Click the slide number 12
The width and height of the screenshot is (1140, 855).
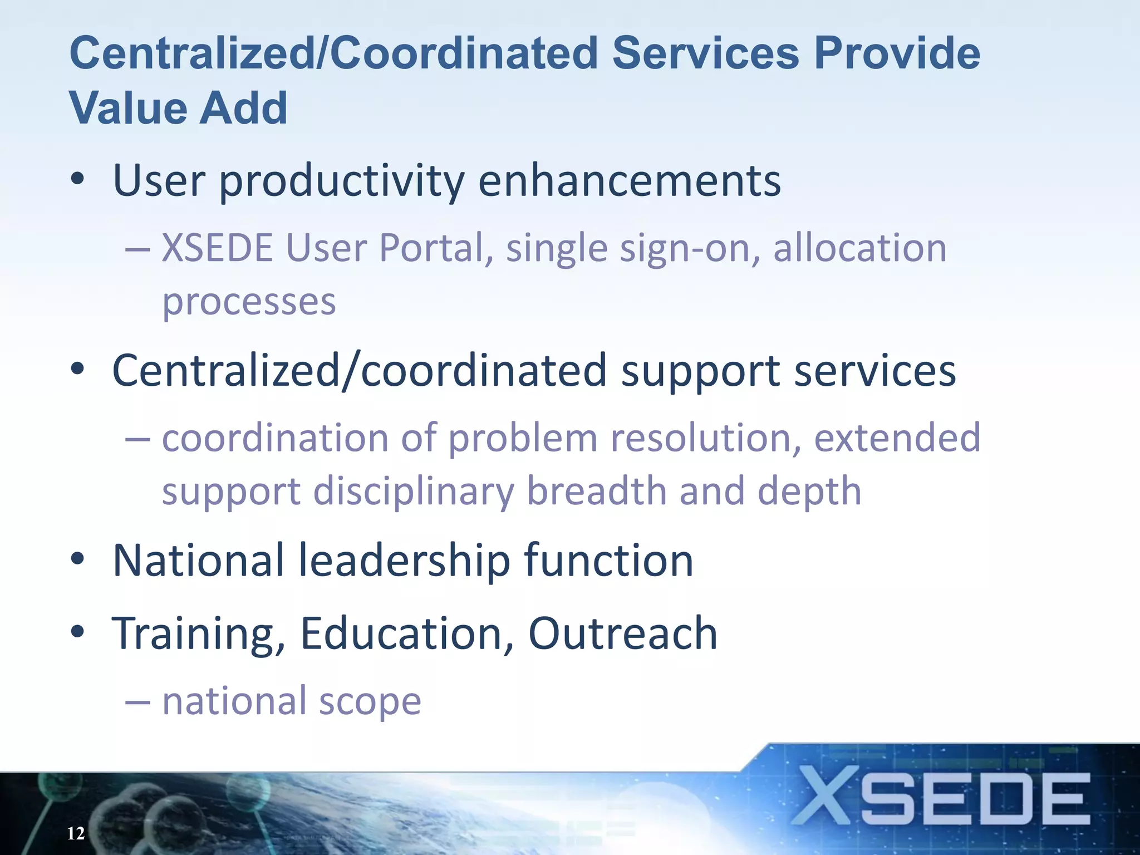tap(76, 833)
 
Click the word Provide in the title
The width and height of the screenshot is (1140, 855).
tap(897, 53)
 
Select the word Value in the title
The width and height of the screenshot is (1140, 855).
tap(127, 108)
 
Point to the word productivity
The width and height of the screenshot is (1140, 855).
tap(342, 181)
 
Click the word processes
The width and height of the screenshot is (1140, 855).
tap(249, 303)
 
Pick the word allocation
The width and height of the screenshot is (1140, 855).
tap(860, 247)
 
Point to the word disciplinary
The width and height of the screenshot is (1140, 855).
tap(414, 492)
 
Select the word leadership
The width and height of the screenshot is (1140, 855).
tap(405, 561)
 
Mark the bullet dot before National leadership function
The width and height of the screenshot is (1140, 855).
tap(78, 559)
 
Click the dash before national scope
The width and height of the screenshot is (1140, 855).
tap(137, 702)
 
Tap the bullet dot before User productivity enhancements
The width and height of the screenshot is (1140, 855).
tap(78, 180)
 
